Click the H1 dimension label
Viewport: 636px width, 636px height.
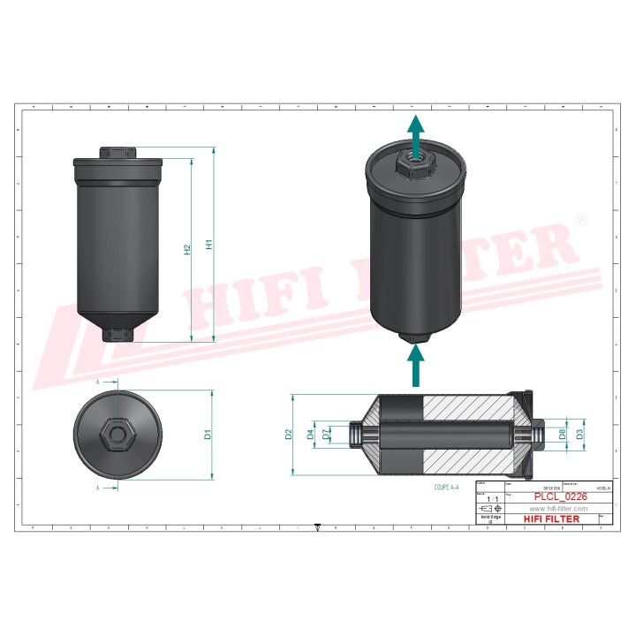click(209, 245)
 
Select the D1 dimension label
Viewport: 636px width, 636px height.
click(208, 434)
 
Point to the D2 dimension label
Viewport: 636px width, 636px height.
click(288, 434)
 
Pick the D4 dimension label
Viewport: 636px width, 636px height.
click(310, 434)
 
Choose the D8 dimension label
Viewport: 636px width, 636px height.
click(562, 434)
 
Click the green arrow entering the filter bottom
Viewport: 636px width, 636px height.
click(413, 365)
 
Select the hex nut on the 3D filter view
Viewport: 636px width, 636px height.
click(413, 165)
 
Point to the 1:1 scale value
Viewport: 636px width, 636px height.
click(489, 500)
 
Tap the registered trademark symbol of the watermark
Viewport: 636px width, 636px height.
click(582, 217)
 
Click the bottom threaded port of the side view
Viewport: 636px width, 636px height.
click(117, 335)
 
